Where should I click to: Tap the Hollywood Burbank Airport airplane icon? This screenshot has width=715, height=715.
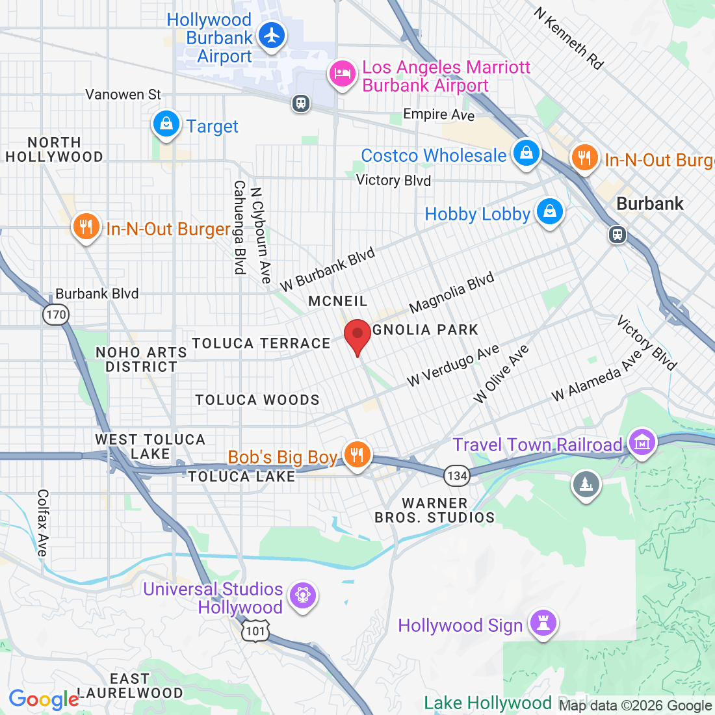pos(272,35)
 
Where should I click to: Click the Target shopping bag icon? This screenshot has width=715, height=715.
pos(166,123)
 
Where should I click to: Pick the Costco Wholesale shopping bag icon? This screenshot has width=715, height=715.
pos(526,153)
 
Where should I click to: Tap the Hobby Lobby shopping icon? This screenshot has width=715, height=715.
pos(550,211)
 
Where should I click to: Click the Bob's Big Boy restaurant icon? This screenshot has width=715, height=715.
pos(356,454)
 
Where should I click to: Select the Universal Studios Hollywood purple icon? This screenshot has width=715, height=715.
pos(303,595)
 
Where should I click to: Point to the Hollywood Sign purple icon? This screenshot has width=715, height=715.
pos(543,623)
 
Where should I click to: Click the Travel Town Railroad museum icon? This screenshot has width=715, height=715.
pos(642,443)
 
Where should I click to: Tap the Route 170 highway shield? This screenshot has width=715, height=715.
pos(56,315)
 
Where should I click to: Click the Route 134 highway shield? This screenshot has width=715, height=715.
pos(457,476)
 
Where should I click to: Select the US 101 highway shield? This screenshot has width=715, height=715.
pos(256,630)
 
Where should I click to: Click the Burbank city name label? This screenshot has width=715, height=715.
pos(649,203)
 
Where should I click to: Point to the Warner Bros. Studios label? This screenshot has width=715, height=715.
pos(434,510)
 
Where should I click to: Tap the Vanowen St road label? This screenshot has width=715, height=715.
pos(123,95)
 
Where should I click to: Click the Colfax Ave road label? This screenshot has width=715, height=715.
pos(42,523)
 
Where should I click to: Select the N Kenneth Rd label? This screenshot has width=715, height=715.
pos(569,38)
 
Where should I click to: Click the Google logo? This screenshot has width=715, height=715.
pos(44,700)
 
